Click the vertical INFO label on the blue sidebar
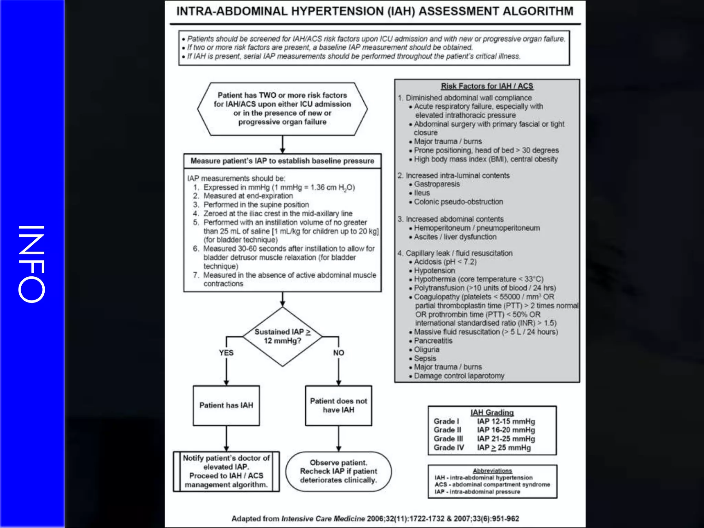click(32, 264)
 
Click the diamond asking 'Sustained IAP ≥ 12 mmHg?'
click(282, 337)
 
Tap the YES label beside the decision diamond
click(226, 353)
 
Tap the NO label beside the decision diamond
click(339, 353)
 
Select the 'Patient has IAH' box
click(226, 406)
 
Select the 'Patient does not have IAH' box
click(339, 406)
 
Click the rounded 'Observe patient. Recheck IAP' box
click(339, 471)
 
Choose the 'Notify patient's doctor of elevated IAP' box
click(226, 471)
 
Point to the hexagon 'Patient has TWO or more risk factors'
click(282, 109)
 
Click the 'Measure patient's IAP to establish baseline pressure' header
click(282, 161)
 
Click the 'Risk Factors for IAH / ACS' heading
click(487, 86)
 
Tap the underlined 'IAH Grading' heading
click(492, 412)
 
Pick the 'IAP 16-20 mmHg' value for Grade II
click(506, 430)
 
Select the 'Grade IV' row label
click(449, 448)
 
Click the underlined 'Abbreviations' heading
click(492, 471)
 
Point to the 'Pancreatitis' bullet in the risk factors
click(433, 341)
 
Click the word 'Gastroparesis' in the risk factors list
click(437, 184)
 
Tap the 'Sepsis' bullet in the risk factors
click(425, 358)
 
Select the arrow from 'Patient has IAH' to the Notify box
click(226, 439)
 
